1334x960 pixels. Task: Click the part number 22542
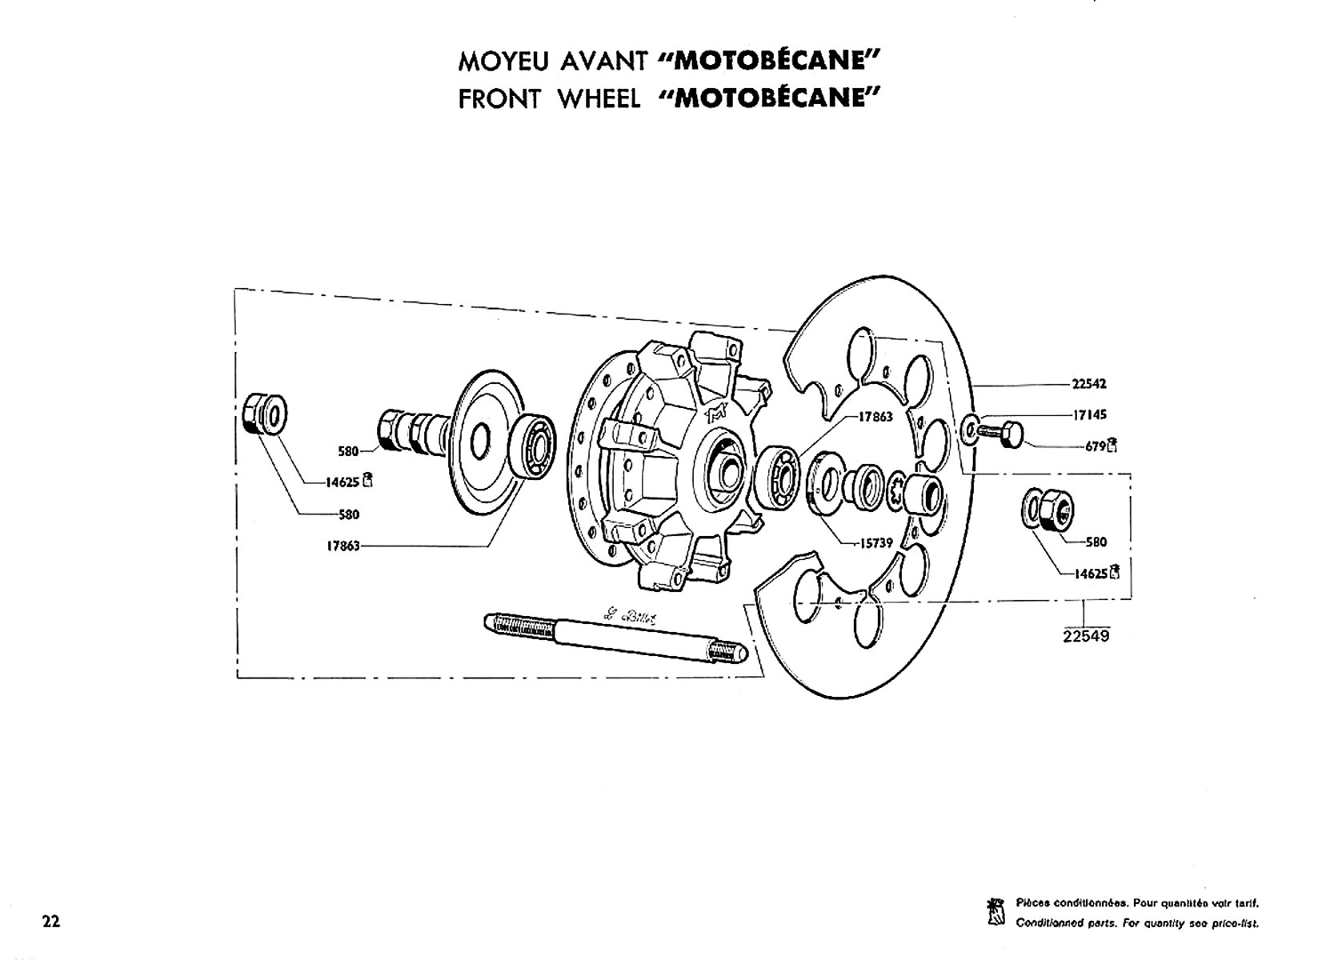pos(1088,384)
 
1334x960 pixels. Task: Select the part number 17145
pos(1088,415)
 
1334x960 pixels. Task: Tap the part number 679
pos(1094,446)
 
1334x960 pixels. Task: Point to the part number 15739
pos(876,543)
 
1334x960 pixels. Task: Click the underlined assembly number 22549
pos(1086,637)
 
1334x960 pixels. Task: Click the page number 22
pos(50,922)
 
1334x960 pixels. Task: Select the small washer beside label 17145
pos(970,428)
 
